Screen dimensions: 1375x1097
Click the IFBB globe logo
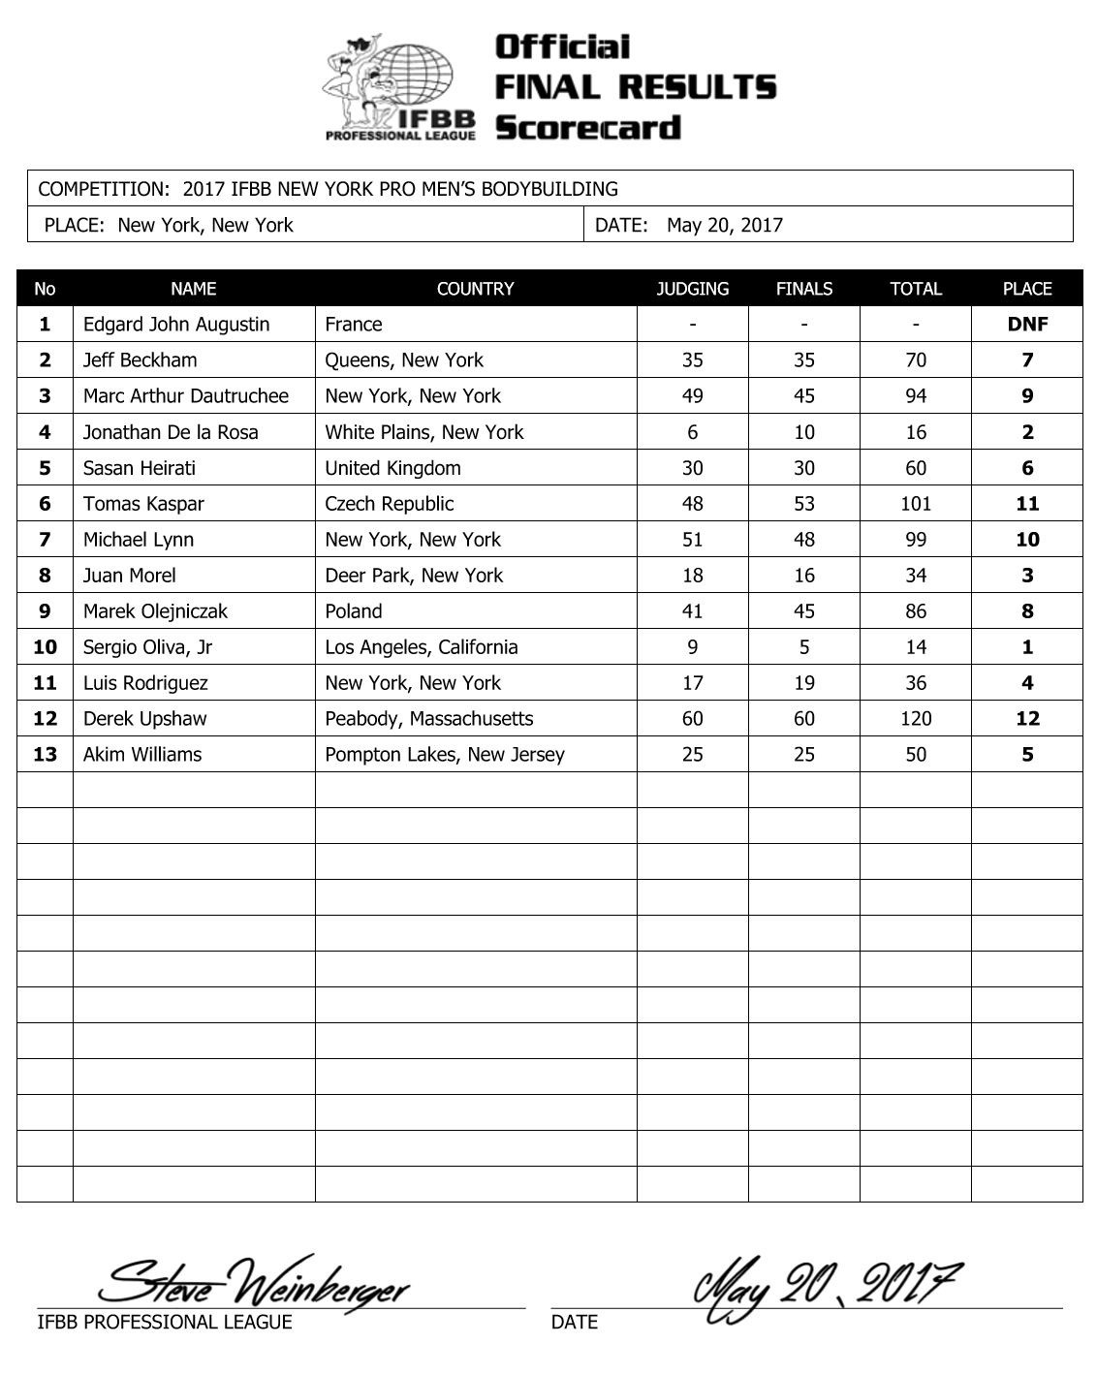[399, 87]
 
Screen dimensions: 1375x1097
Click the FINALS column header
[803, 289]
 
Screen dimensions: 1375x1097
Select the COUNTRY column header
[475, 289]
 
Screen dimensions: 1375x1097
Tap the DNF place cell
[1027, 325]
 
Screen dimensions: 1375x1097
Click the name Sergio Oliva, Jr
[147, 647]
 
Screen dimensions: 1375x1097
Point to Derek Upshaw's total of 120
[915, 719]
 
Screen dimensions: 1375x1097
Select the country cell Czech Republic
[390, 504]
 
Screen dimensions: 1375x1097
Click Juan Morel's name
[130, 576]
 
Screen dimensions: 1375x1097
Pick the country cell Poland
[354, 611]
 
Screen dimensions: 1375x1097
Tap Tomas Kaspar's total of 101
[915, 504]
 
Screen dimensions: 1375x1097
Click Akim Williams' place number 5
[1027, 755]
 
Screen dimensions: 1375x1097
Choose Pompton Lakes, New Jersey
[445, 755]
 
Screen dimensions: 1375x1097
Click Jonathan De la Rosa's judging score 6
[692, 432]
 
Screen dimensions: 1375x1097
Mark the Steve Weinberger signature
[257, 1285]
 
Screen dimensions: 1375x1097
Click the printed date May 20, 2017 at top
[724, 226]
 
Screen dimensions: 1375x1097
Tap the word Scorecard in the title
[588, 128]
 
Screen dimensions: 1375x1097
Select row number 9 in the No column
[45, 611]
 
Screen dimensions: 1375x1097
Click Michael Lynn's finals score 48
[803, 540]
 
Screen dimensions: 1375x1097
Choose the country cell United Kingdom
[392, 468]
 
